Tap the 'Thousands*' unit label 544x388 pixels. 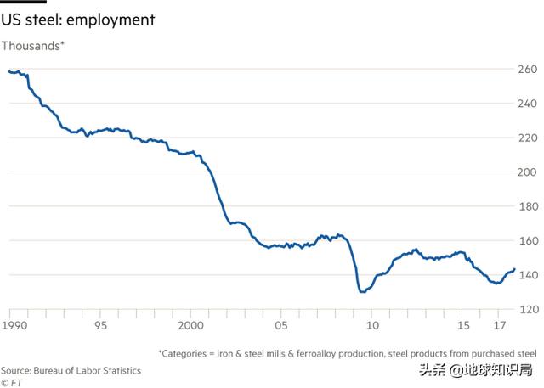coord(32,45)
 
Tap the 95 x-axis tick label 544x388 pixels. coord(100,326)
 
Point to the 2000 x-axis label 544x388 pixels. coord(190,326)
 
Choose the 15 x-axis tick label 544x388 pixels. coord(462,326)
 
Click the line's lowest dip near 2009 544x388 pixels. coord(362,292)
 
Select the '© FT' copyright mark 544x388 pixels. coord(12,381)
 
